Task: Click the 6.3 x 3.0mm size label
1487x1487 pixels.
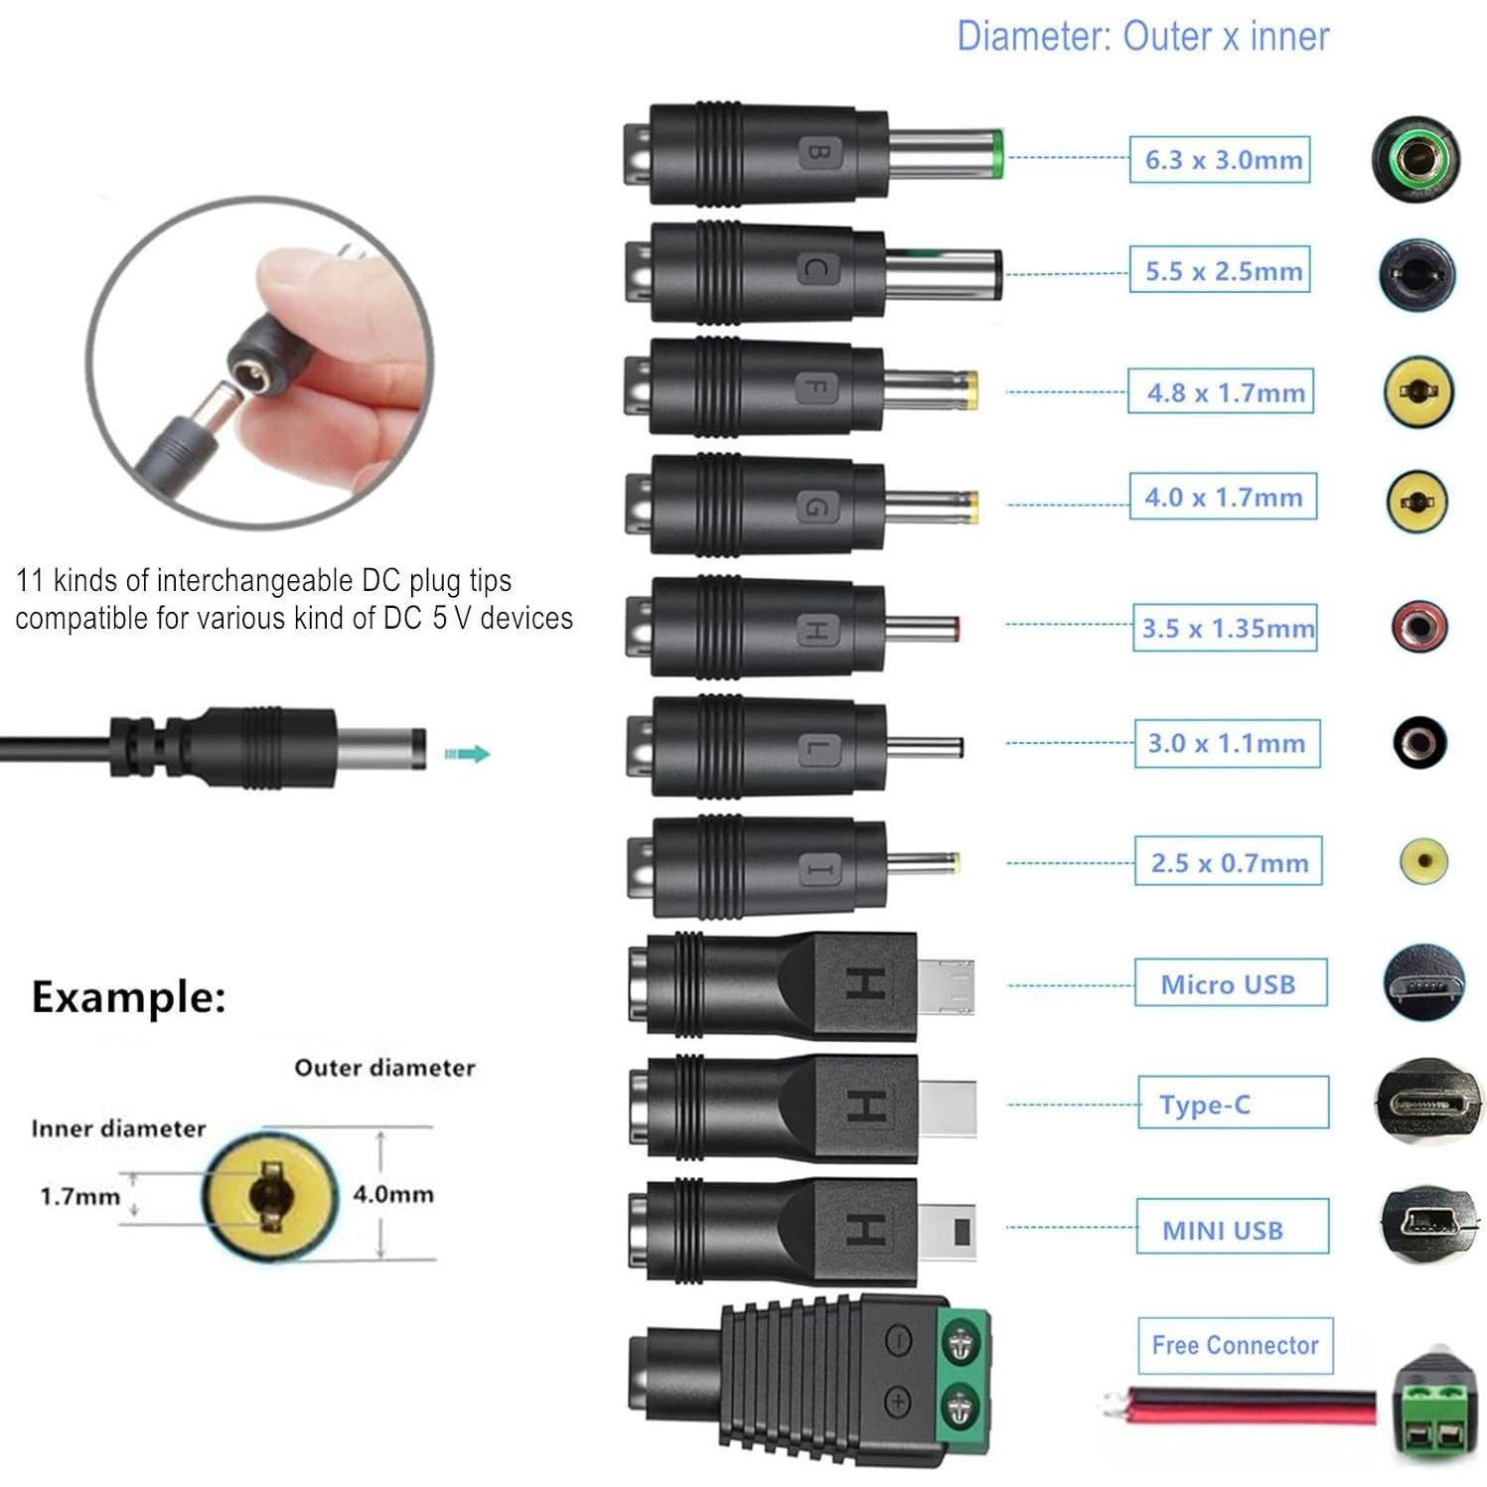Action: tap(1220, 160)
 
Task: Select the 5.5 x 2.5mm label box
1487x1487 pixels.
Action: tap(1220, 270)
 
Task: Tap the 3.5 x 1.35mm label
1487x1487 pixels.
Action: tap(1226, 628)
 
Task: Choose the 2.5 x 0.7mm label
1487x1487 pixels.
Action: tap(1229, 862)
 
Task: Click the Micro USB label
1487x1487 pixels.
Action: tap(1230, 983)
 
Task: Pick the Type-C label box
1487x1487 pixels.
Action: tap(1232, 1104)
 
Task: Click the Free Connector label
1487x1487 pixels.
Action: tap(1235, 1345)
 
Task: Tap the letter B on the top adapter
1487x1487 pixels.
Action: tap(818, 152)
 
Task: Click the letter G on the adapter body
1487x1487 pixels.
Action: tap(815, 508)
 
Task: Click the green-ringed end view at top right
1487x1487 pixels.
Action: tap(1415, 158)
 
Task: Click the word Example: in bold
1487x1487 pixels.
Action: tap(129, 997)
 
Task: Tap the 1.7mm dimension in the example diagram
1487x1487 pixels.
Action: tap(79, 1196)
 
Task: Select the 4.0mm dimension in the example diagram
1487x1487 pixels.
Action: tap(393, 1193)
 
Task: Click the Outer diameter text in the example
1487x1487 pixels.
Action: tap(384, 1068)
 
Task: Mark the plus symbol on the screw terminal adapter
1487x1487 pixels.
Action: tap(897, 1402)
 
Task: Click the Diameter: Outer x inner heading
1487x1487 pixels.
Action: tap(1142, 37)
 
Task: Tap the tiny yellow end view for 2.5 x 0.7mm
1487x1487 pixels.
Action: tap(1423, 860)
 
